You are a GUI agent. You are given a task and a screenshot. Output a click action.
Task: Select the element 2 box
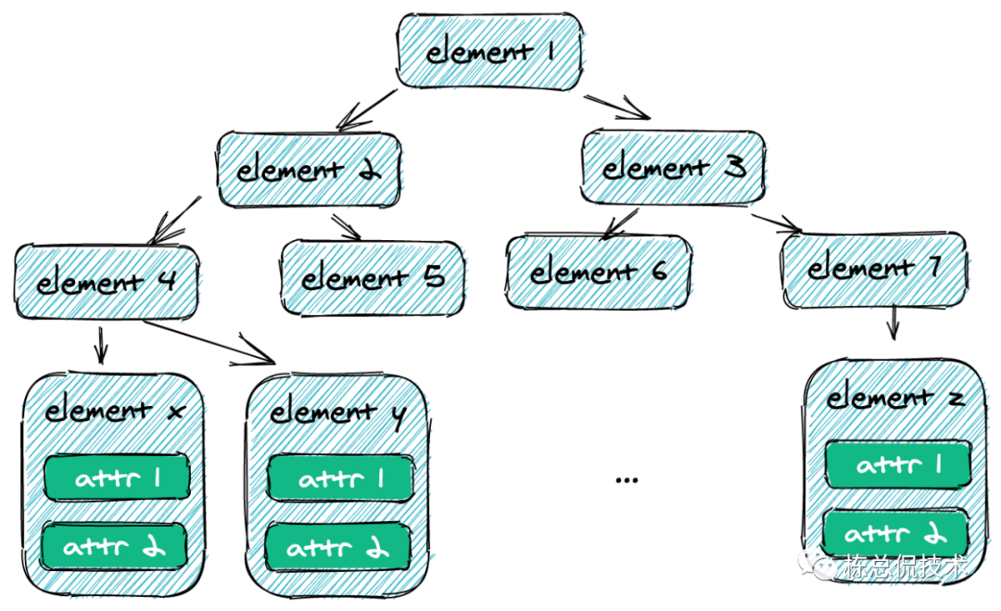point(309,170)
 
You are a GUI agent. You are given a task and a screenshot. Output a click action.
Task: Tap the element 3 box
point(674,168)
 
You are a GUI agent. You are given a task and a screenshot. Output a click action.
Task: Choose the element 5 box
point(373,275)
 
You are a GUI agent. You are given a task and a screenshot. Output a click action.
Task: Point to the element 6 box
point(599,272)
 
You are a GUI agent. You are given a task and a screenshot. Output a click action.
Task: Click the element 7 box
point(874,269)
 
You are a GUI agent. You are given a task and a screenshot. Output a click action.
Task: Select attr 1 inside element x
point(116,477)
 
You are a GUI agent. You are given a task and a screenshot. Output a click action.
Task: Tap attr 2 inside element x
point(114,545)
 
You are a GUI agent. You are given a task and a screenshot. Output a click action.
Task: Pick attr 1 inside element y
point(339,477)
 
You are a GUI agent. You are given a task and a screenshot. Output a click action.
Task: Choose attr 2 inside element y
point(339,547)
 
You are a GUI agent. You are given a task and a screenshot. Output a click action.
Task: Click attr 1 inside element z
point(897,464)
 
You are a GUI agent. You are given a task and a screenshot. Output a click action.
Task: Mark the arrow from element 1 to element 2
point(368,108)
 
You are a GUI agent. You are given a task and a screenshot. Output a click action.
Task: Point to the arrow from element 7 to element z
point(893,324)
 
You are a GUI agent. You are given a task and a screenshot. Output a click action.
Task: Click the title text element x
point(112,409)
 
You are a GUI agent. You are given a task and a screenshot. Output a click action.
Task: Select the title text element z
point(895,398)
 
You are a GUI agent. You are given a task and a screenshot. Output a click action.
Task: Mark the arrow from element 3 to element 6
point(618,223)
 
